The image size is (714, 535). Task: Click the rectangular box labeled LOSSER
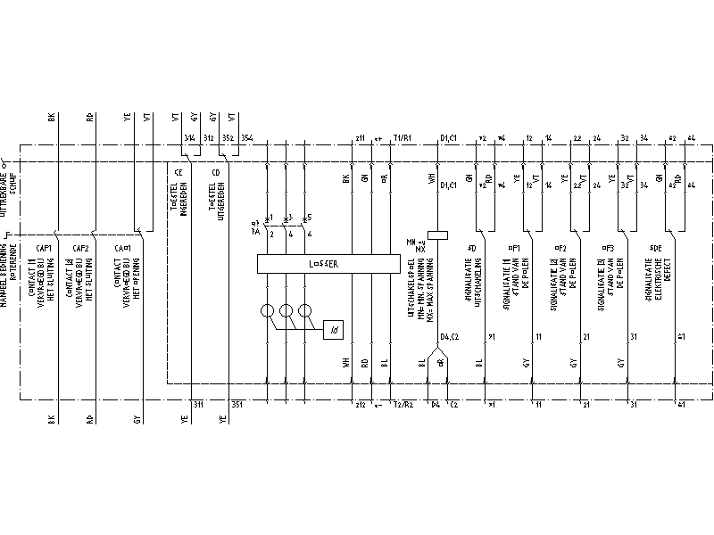[x=328, y=264]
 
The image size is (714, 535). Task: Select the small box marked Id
[x=334, y=330]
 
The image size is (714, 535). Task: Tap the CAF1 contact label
[x=44, y=249]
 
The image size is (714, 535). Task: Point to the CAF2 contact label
[x=80, y=249]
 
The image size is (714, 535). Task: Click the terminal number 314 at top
[x=188, y=138]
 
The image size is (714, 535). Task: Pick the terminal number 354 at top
[x=246, y=138]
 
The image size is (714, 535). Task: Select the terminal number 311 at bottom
[x=198, y=405]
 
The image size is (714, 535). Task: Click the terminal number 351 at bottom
[x=237, y=405]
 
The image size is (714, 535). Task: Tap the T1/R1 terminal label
[x=402, y=138]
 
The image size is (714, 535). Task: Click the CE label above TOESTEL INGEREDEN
[x=178, y=171]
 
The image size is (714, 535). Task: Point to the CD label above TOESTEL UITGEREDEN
[x=216, y=171]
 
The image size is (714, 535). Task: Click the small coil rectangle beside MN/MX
[x=437, y=235]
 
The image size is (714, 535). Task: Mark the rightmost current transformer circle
[x=306, y=312]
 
